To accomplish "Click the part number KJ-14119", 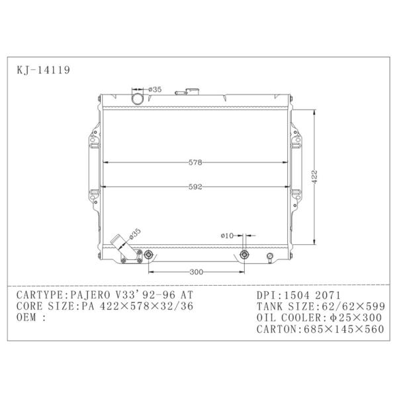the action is pyautogui.click(x=43, y=70).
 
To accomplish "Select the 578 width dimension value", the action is pyautogui.click(x=195, y=162).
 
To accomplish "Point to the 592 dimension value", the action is pyautogui.click(x=195, y=187).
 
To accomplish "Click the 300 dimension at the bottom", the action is pyautogui.click(x=197, y=272).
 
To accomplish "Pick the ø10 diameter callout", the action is pyautogui.click(x=227, y=236).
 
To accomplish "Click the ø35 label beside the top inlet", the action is pyautogui.click(x=155, y=89).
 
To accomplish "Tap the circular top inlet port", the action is pyautogui.click(x=138, y=99).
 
